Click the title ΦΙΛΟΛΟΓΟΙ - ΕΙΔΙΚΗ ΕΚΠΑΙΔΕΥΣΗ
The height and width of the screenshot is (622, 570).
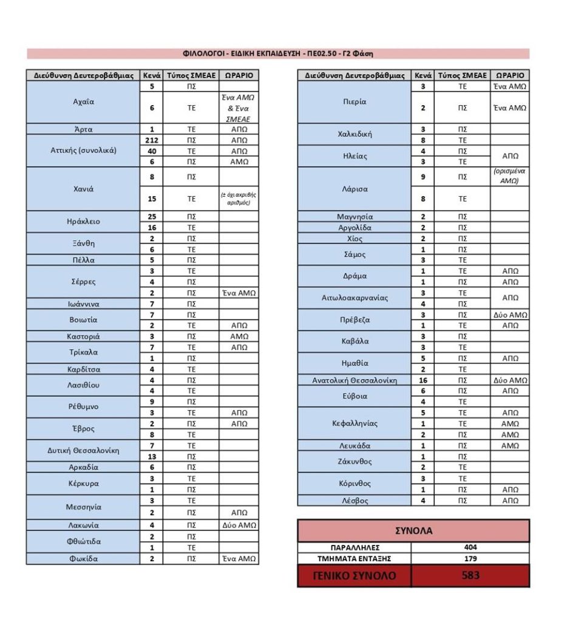click(277, 53)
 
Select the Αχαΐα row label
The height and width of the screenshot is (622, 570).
click(83, 102)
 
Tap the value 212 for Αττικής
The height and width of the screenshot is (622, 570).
click(152, 140)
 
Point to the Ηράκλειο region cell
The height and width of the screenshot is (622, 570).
click(83, 222)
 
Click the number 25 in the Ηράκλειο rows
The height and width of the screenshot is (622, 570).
click(152, 216)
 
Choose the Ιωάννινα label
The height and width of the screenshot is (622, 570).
click(83, 304)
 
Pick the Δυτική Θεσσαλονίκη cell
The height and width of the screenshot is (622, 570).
click(83, 451)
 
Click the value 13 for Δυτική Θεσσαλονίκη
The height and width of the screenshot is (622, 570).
click(152, 456)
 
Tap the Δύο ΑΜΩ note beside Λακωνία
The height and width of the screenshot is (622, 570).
click(239, 525)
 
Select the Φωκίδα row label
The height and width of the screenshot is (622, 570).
click(83, 559)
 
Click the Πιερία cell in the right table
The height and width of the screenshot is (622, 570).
click(355, 102)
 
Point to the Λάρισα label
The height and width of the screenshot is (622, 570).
click(355, 189)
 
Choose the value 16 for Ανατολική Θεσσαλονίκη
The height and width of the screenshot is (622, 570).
click(422, 380)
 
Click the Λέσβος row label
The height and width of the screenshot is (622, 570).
click(355, 501)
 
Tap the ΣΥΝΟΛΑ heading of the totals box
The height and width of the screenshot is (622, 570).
click(413, 530)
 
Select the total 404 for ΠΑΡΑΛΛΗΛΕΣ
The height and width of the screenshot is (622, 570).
click(470, 547)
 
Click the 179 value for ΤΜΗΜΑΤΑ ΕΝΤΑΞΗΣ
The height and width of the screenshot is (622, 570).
click(470, 559)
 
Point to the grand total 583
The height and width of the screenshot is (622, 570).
click(470, 575)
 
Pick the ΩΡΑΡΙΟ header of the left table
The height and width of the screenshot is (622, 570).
click(239, 76)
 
